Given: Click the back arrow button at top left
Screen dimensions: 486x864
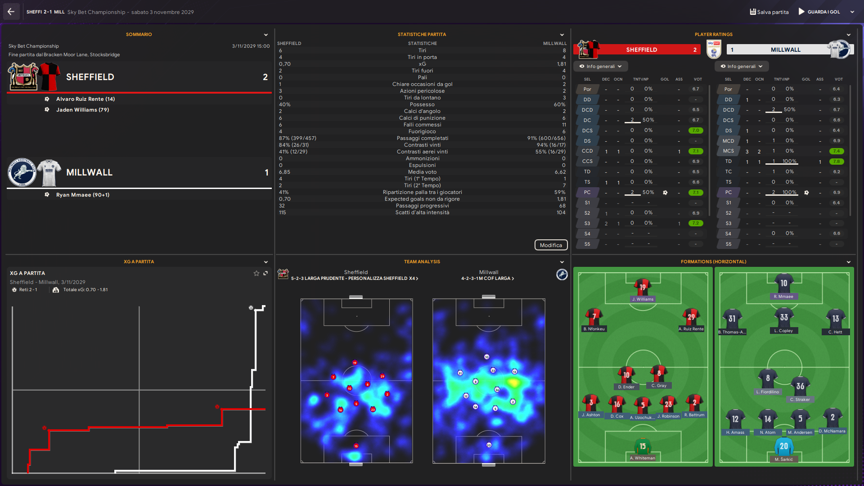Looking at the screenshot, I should coord(11,12).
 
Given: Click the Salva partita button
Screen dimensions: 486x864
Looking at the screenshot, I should coord(769,12).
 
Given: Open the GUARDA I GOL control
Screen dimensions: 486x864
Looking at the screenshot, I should coord(823,12).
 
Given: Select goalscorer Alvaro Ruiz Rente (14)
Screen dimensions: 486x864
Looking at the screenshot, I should coord(85,99).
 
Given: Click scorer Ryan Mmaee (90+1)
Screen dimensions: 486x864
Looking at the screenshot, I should coord(83,195).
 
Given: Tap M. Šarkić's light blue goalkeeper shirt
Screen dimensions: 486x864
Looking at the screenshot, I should coord(783,447).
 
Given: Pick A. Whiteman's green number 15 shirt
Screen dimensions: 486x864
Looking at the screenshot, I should coord(642,446).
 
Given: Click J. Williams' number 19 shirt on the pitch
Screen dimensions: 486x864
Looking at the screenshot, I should coord(642,287).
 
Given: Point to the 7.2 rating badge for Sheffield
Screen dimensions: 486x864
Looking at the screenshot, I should coord(695,223).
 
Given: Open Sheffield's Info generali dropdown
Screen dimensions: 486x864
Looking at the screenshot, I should coord(600,67).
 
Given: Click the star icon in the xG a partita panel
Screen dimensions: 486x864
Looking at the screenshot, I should coord(256,273).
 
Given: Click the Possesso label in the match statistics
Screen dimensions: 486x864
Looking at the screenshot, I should coord(422,104).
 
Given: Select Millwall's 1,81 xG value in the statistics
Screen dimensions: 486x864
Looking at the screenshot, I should coord(561,64).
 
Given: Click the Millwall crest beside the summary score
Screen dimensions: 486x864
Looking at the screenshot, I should coord(22,172).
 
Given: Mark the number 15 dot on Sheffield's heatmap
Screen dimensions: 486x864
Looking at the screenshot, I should coord(356,446).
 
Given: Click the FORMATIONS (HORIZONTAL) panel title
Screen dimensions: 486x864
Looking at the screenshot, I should coord(713,262).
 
